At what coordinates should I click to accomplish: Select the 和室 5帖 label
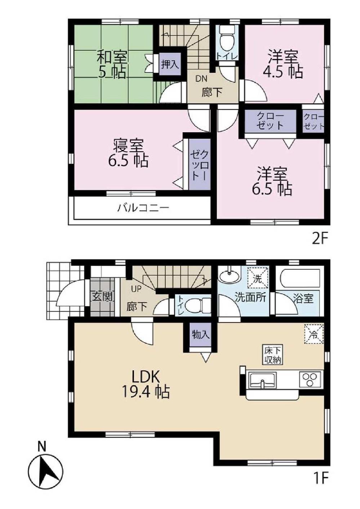(112, 65)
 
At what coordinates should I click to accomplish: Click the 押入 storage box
(169, 65)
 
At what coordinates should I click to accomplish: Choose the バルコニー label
(143, 208)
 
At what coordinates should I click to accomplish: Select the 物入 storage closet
(200, 335)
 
